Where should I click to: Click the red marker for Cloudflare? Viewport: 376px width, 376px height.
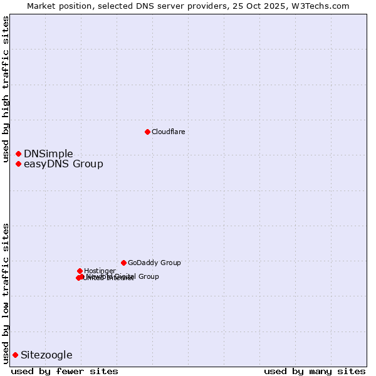147,132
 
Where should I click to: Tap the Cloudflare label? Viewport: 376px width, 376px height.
168,132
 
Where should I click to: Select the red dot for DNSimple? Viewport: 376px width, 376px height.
18,154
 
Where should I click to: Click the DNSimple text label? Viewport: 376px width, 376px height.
48,154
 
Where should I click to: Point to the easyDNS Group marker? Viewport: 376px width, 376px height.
18,164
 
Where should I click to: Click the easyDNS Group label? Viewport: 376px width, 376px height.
63,164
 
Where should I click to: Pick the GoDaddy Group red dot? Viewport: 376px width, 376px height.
123,263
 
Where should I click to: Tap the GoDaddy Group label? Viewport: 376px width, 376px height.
154,263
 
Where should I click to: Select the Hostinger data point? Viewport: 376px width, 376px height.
80,271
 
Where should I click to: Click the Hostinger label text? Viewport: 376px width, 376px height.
100,271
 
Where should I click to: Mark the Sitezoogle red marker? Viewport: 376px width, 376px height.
15,355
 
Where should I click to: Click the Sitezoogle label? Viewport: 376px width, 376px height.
46,355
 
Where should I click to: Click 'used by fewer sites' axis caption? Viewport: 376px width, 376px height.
65,372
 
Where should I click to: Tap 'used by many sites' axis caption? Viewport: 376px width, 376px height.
315,372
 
